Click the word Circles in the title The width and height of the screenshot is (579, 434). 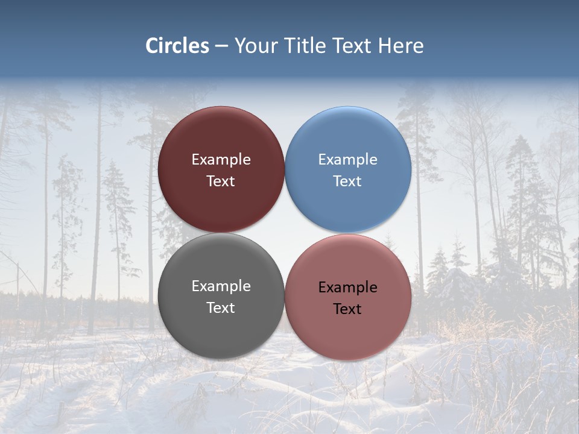click(177, 46)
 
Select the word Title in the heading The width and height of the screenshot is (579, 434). click(305, 46)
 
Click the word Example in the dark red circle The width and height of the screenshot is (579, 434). click(221, 160)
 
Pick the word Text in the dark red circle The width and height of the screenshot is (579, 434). click(221, 181)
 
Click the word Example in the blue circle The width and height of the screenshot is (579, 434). click(348, 160)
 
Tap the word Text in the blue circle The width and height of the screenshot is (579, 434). click(348, 181)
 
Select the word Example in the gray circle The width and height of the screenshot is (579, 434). click(221, 286)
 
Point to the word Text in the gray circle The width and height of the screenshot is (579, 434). click(221, 308)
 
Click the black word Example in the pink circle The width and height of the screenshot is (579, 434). click(348, 288)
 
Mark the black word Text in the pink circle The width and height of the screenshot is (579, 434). click(348, 309)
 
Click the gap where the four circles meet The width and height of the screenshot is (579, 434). click(285, 233)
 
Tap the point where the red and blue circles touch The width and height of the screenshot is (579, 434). click(285, 169)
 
